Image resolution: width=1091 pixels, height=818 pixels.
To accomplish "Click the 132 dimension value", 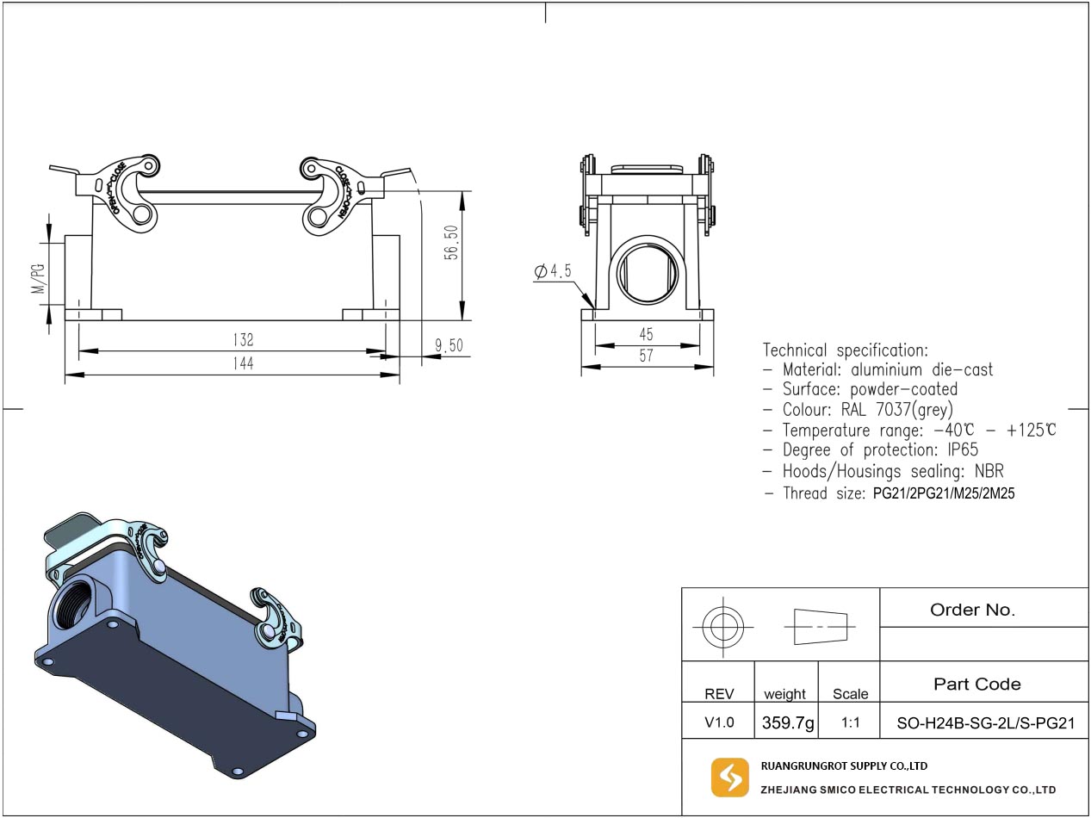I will (x=243, y=340).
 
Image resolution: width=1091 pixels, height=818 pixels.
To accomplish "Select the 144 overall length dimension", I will (x=243, y=364).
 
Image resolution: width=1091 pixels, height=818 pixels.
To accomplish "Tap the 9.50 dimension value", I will (x=449, y=346).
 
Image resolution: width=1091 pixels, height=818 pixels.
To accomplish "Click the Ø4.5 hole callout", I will (x=553, y=271).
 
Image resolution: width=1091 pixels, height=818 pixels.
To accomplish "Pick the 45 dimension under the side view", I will (x=646, y=334).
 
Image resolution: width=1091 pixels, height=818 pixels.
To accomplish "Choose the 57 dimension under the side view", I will (x=646, y=356).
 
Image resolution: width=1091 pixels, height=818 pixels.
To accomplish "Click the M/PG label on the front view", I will (x=38, y=277).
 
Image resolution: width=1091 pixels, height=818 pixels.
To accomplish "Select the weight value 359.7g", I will (x=787, y=722).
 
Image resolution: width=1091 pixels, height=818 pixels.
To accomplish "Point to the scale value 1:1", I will (x=850, y=723).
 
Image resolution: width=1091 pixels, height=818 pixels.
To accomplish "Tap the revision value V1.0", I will (x=719, y=722).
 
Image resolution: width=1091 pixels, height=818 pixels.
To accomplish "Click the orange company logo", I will (x=729, y=778).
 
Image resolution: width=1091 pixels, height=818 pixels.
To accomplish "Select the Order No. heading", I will (x=972, y=610).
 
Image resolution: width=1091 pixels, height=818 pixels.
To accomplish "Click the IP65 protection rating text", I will (x=961, y=450).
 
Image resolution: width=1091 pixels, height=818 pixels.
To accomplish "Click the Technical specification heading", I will (x=846, y=350).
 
